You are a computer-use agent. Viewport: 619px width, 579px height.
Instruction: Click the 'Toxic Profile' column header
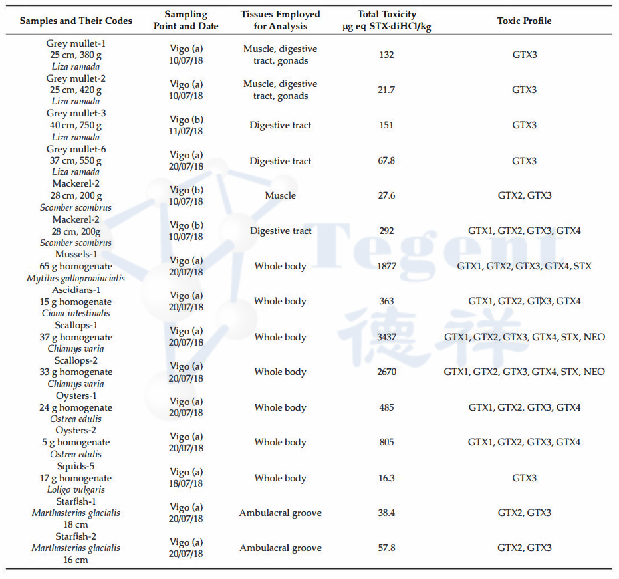(524, 21)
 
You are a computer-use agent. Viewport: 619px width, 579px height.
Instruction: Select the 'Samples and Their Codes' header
(76, 21)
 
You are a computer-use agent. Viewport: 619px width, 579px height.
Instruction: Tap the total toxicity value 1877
(386, 266)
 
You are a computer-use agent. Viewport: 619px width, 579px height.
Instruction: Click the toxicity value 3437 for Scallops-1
(386, 337)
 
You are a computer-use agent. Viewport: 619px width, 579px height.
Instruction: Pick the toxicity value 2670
(386, 372)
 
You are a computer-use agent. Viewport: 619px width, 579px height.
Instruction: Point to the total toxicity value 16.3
(386, 478)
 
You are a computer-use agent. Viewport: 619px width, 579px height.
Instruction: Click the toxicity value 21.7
(386, 90)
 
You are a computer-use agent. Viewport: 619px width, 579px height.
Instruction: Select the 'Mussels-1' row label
(76, 255)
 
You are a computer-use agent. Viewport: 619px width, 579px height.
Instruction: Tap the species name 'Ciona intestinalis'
(76, 313)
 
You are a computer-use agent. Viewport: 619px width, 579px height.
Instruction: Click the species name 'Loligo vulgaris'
(76, 490)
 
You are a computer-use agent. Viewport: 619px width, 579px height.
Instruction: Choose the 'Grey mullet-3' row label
(76, 114)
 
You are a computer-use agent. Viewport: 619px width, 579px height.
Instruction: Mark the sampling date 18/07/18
(186, 484)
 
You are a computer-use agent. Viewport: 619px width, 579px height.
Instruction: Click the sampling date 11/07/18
(186, 131)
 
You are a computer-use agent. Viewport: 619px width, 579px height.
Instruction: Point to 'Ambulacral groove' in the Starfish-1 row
(280, 513)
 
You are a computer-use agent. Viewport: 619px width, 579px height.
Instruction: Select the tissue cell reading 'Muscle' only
(280, 195)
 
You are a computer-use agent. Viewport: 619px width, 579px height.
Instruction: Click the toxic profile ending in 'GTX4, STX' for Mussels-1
(524, 266)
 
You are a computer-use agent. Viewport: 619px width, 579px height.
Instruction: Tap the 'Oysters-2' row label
(76, 431)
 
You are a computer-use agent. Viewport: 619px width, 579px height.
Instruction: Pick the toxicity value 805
(386, 442)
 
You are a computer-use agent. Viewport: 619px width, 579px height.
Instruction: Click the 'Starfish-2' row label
(76, 536)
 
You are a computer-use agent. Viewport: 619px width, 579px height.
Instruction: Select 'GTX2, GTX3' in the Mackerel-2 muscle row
(524, 195)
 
